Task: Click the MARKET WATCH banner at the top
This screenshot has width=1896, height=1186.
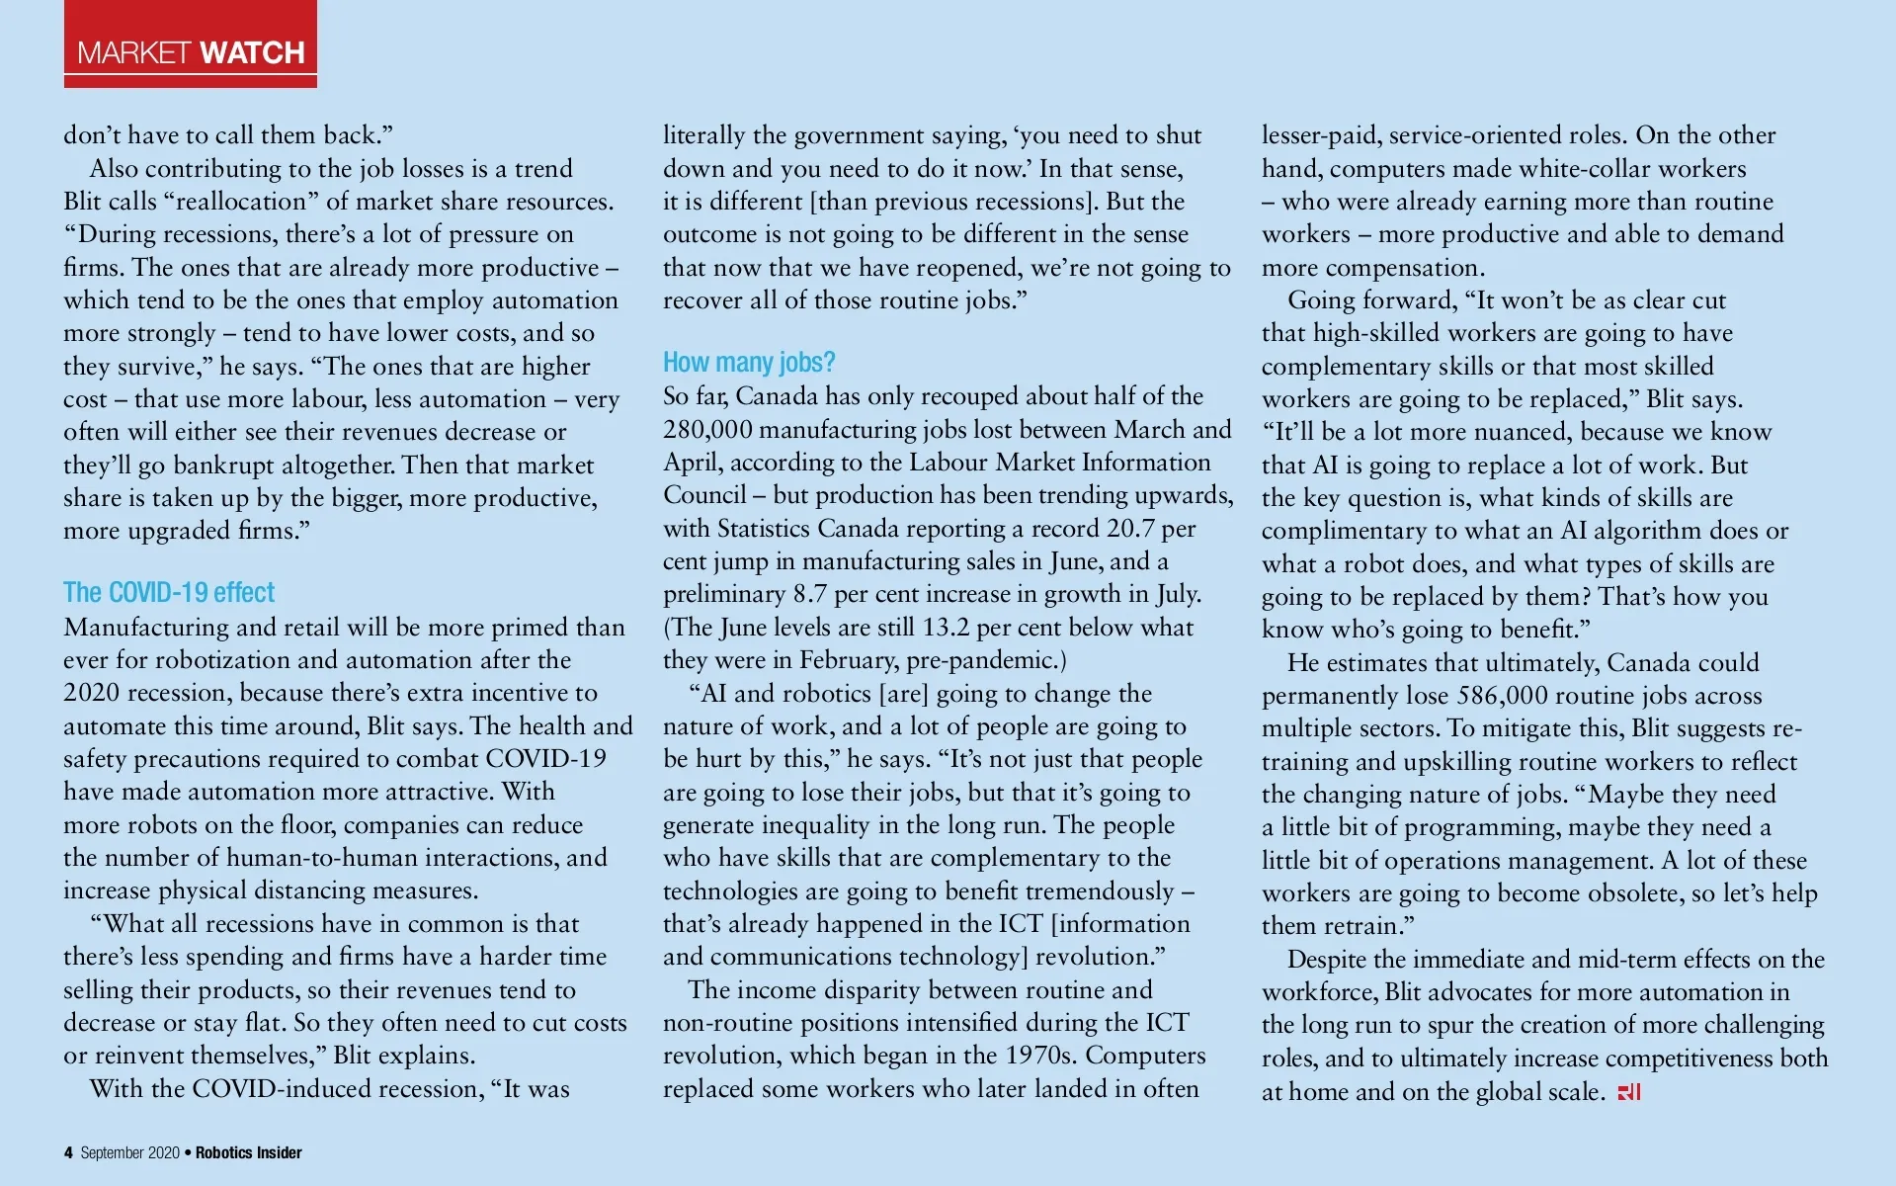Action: click(191, 51)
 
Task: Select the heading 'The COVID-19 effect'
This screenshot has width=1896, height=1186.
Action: click(169, 592)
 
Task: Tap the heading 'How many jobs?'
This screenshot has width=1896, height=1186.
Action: click(749, 362)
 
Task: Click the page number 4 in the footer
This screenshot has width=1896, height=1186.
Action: click(68, 1152)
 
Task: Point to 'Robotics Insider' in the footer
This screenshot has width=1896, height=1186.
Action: click(249, 1152)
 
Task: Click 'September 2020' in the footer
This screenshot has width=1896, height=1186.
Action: click(130, 1152)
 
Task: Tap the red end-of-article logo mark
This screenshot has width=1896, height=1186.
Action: click(1629, 1092)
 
